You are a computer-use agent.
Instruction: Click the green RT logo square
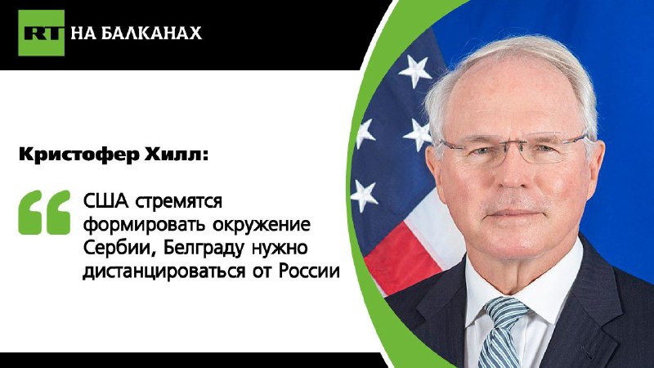(x=42, y=33)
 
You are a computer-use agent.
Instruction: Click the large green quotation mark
(x=44, y=212)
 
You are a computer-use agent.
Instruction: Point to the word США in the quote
(x=105, y=201)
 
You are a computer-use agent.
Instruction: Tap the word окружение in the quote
(x=262, y=226)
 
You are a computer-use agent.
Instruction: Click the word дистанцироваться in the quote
(x=164, y=272)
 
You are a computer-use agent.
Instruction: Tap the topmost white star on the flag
(x=414, y=72)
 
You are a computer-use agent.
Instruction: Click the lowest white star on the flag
(x=364, y=195)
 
